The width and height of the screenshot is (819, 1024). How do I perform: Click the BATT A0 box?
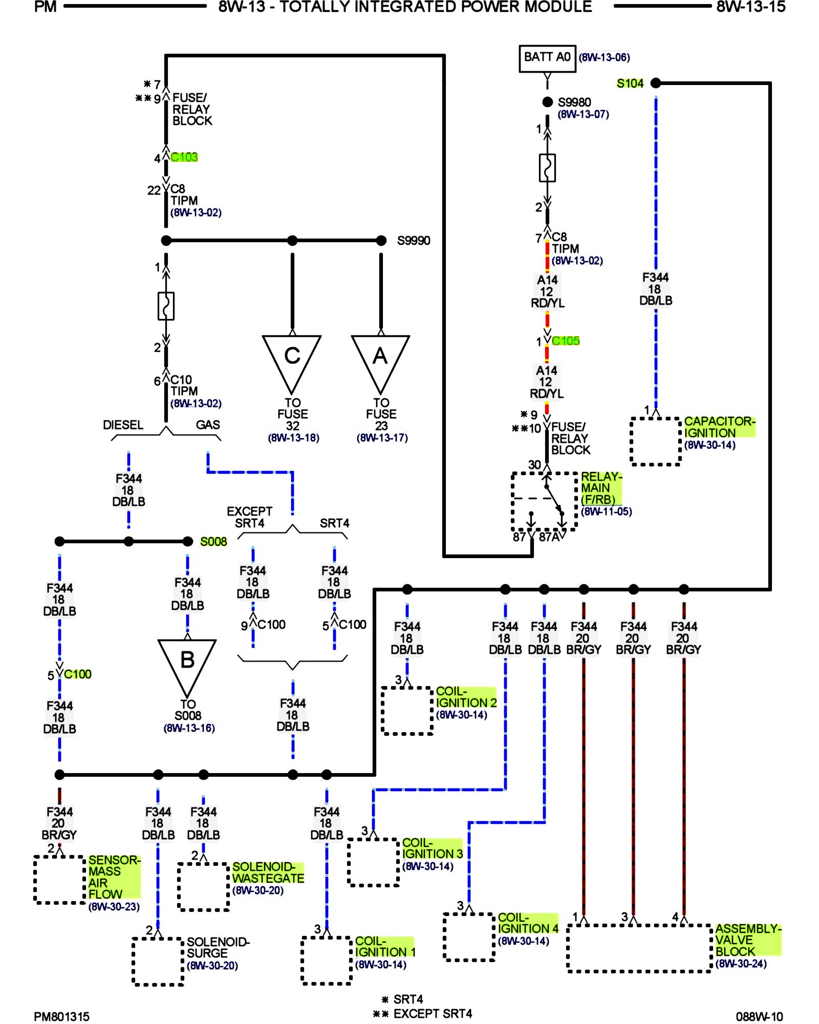pyautogui.click(x=547, y=58)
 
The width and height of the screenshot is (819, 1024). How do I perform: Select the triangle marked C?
pyautogui.click(x=292, y=358)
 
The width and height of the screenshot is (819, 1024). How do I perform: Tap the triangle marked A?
pyautogui.click(x=380, y=358)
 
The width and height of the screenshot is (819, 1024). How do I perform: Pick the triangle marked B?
pyautogui.click(x=187, y=662)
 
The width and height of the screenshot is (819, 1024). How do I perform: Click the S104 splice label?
pyautogui.click(x=630, y=83)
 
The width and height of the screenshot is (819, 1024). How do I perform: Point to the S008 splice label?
pyautogui.click(x=213, y=542)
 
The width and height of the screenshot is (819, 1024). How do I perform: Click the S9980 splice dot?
pyautogui.click(x=547, y=102)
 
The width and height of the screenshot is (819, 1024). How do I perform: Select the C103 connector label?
pyautogui.click(x=184, y=157)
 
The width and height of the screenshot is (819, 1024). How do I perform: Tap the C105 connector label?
pyautogui.click(x=566, y=341)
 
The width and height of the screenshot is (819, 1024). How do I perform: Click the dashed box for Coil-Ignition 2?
pyautogui.click(x=407, y=711)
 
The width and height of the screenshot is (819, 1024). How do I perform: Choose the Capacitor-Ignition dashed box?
pyautogui.click(x=655, y=441)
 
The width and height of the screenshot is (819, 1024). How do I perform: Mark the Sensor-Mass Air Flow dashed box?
pyautogui.click(x=59, y=879)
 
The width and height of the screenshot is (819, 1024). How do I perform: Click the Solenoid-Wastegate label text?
pyautogui.click(x=268, y=872)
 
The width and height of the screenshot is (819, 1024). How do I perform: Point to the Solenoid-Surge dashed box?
pyautogui.click(x=158, y=961)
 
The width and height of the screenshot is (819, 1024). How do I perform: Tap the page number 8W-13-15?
pyautogui.click(x=750, y=7)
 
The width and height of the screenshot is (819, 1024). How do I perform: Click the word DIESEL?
pyautogui.click(x=123, y=425)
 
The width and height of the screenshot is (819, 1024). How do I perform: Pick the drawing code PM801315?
pyautogui.click(x=61, y=1016)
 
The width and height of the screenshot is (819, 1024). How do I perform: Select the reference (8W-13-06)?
pyautogui.click(x=604, y=57)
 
